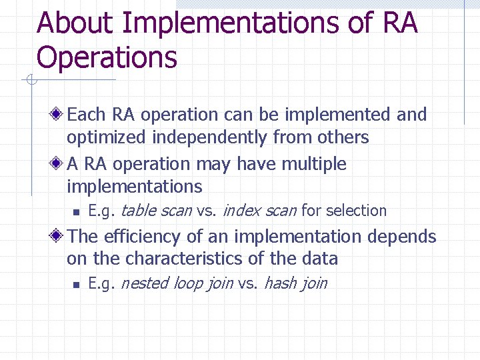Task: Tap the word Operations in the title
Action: [107, 57]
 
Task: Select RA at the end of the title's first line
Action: [400, 23]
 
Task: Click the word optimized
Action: [107, 138]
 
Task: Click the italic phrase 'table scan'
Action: [156, 211]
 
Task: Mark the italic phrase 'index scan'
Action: [259, 211]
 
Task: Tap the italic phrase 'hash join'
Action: [295, 283]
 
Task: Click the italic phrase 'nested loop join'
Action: [177, 283]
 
